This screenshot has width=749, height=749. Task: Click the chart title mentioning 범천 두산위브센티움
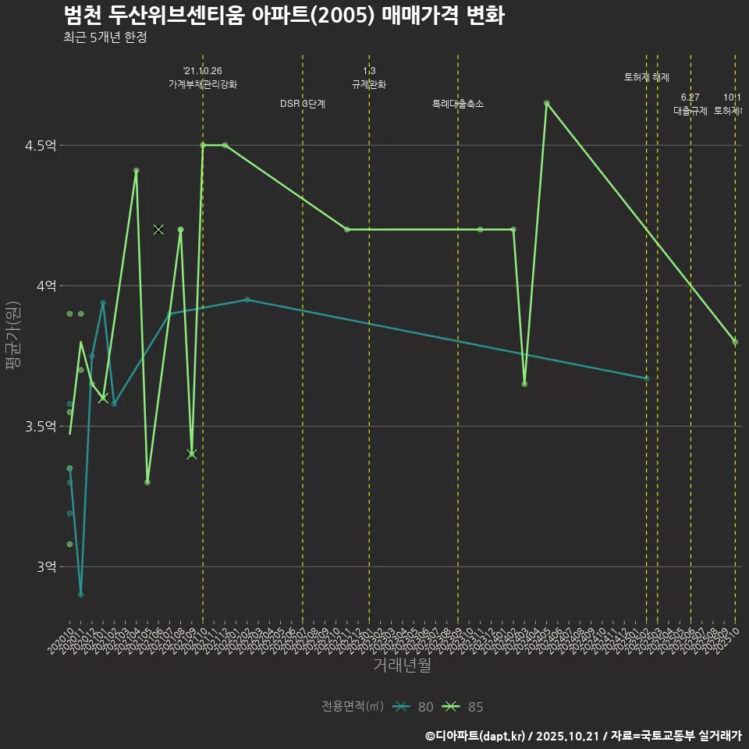tap(282, 16)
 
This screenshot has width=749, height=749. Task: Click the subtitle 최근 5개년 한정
tap(105, 37)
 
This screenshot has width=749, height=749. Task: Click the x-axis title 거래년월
tap(402, 666)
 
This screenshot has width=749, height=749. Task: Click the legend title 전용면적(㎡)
tap(353, 707)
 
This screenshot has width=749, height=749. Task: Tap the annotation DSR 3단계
tap(303, 104)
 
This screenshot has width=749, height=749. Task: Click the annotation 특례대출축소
tap(458, 104)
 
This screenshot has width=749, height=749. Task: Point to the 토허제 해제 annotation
tap(646, 77)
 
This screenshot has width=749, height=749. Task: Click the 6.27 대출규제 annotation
tap(690, 104)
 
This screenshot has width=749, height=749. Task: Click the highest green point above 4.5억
tap(546, 103)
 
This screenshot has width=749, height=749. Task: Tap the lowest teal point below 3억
tap(80, 595)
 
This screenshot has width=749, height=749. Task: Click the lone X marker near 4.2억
tap(158, 229)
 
